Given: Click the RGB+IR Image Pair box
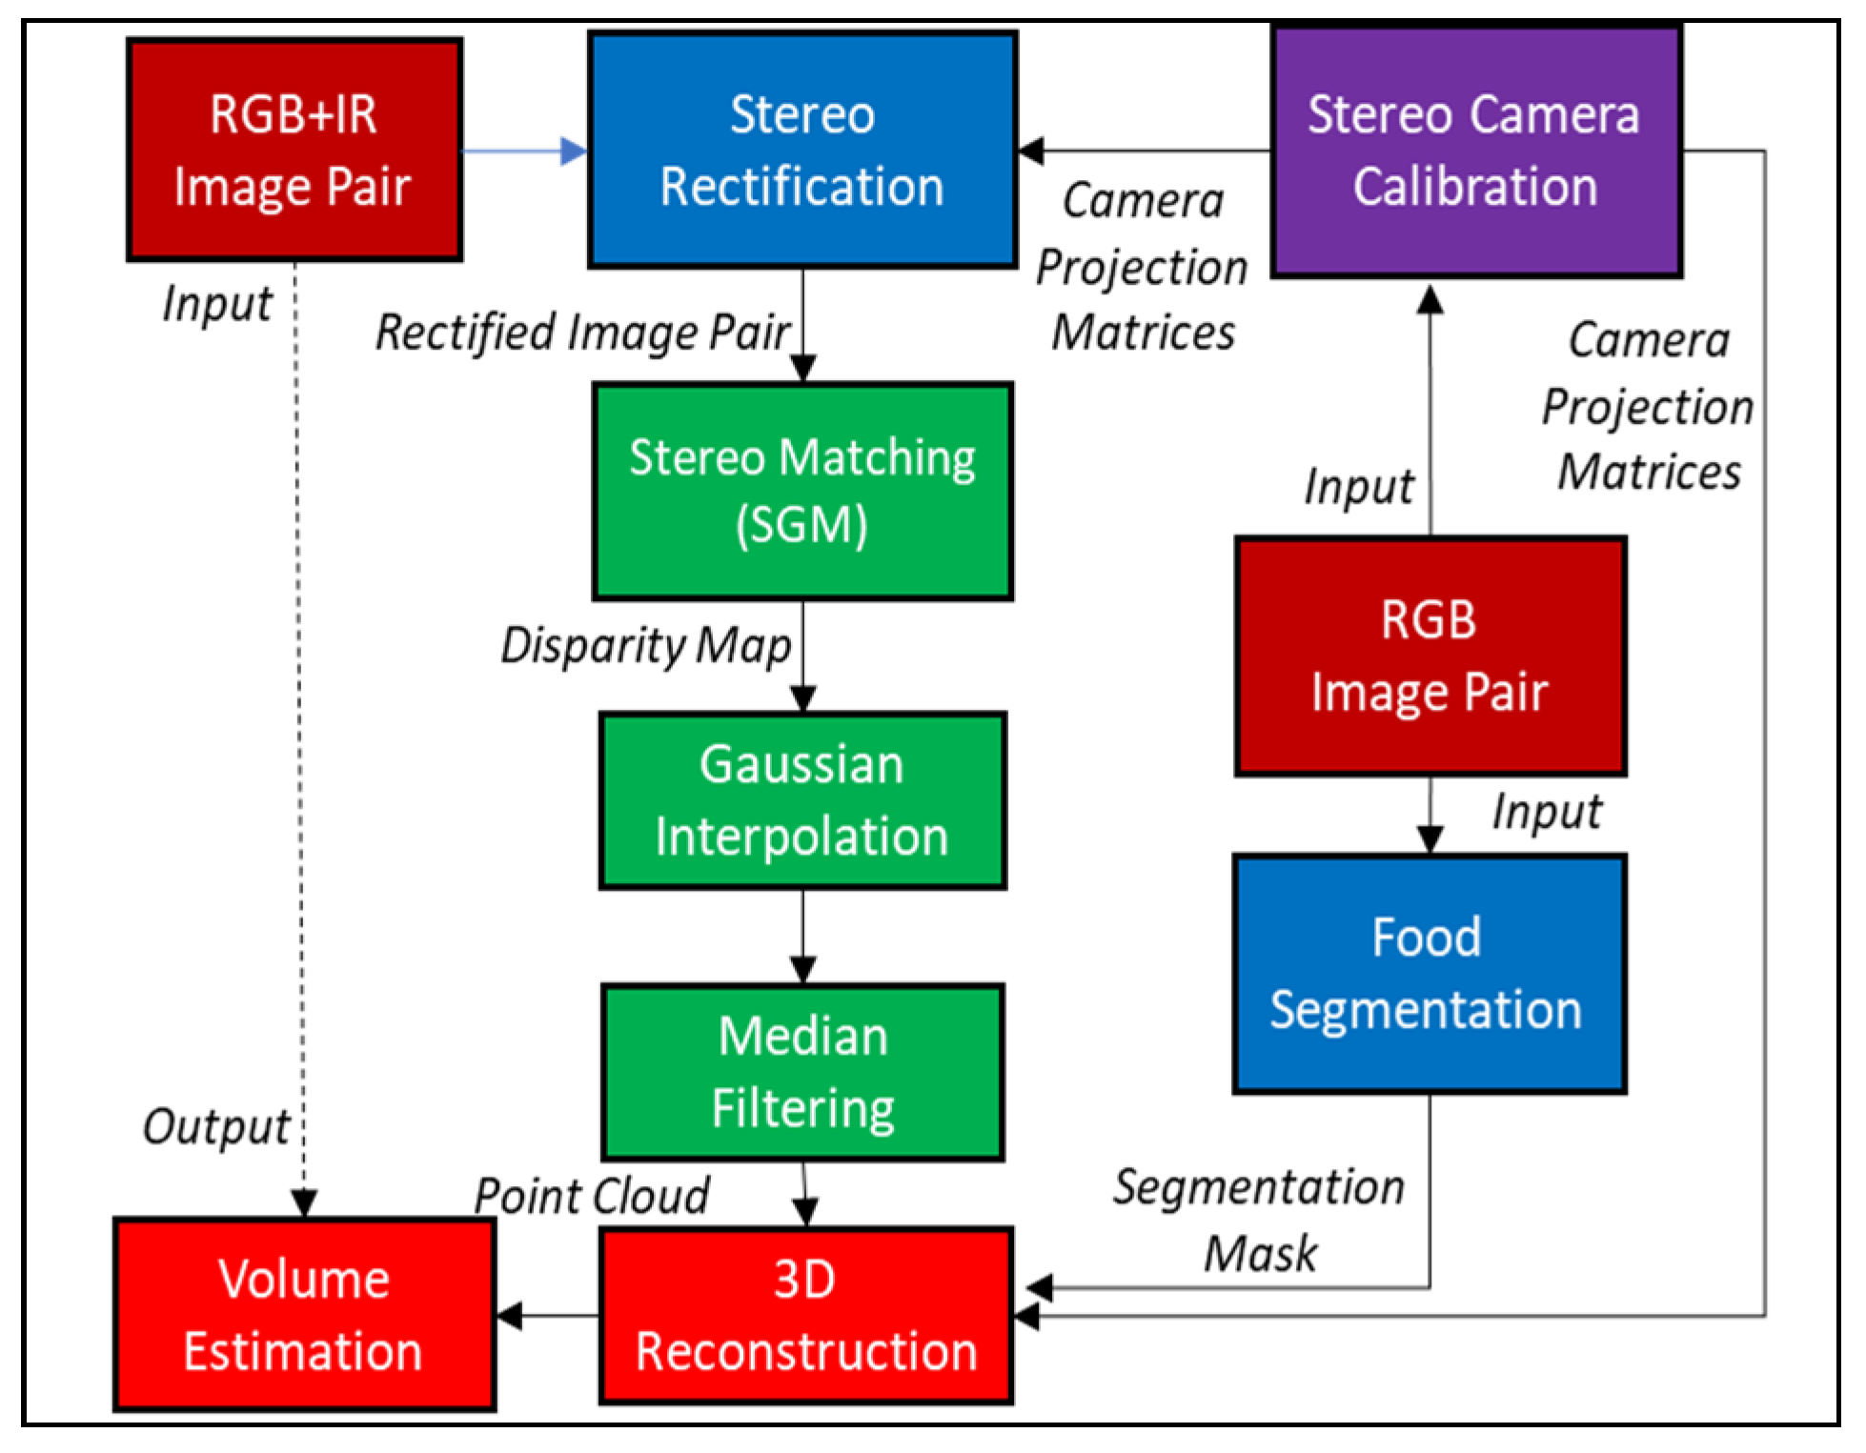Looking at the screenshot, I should point(294,150).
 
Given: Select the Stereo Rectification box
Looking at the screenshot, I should point(802,150).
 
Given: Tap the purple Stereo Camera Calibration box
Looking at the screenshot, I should point(1475,151).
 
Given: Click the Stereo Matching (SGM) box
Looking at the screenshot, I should point(802,491).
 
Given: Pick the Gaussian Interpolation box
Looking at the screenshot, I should point(802,800).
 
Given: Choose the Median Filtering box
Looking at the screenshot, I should point(802,1072).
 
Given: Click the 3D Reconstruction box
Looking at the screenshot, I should point(805,1315).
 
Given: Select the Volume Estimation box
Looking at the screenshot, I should point(304,1315).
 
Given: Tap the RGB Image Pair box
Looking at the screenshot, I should point(1430,656).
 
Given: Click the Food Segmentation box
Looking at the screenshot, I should point(1429,973).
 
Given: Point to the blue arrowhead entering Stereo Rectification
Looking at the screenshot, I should point(575,151).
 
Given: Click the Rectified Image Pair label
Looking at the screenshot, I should point(582,333).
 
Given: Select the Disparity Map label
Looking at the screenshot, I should point(646,645).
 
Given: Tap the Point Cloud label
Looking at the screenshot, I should point(592,1196).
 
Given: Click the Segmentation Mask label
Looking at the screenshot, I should point(1259,1220).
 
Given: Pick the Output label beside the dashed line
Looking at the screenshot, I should point(216,1127).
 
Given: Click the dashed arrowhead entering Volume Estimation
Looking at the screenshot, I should point(304,1204).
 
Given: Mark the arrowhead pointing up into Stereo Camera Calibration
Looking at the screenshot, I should point(1430,299).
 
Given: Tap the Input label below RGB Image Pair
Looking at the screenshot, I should point(1546,813).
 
